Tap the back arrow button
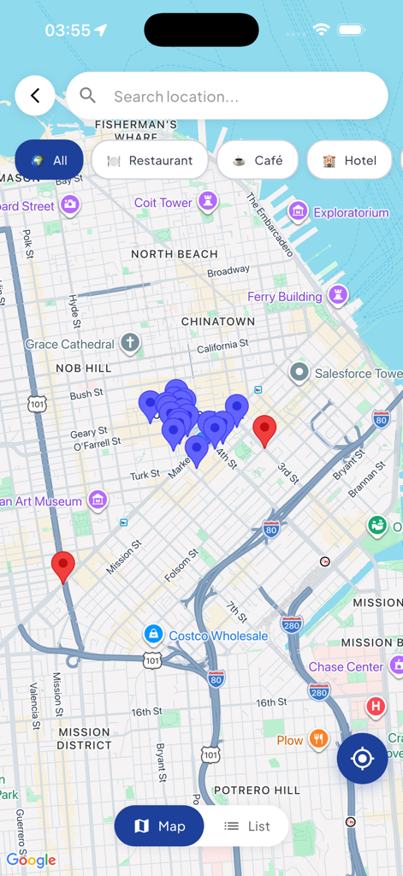tap(35, 96)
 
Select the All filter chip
tap(49, 160)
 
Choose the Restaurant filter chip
tap(150, 160)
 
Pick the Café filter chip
tap(258, 160)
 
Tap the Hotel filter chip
tap(350, 160)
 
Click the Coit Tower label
tap(163, 203)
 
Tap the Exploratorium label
tap(351, 212)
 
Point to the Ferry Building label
tap(285, 297)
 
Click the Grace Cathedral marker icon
tap(129, 344)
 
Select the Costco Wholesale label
tap(218, 636)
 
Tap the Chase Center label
tap(346, 666)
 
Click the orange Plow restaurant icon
tap(318, 739)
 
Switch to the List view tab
tap(247, 826)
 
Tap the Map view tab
tap(160, 826)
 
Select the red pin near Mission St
tap(63, 566)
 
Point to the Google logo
tap(32, 860)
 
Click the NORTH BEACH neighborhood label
tap(175, 254)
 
